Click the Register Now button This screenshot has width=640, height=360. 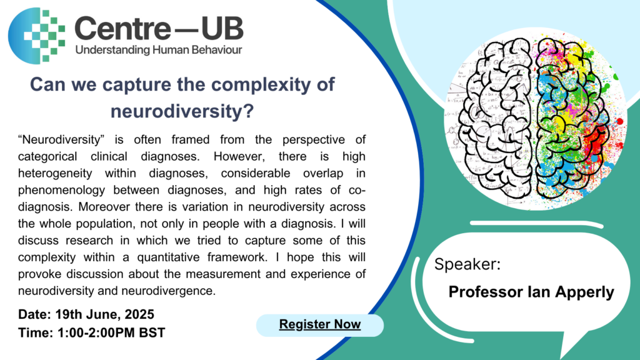coord(320,325)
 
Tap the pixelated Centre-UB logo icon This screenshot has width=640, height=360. coord(37,36)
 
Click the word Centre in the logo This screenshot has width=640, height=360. coord(122,29)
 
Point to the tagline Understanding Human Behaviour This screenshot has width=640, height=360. coord(159,50)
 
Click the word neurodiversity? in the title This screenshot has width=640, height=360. coord(182,111)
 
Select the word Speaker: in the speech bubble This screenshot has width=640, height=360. coord(467,264)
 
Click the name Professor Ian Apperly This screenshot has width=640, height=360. coord(531,292)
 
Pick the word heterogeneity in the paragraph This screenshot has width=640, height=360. coord(55,174)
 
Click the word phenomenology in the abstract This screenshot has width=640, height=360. coord(61,190)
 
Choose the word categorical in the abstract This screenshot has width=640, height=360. coord(47,157)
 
